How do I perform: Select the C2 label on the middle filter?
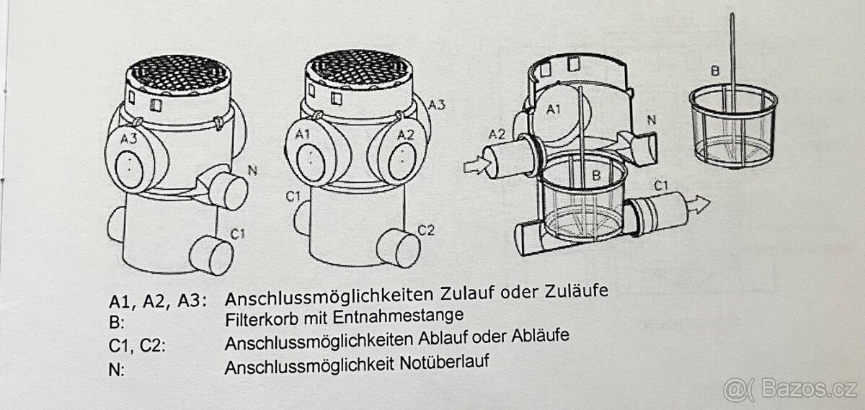pos(427,230)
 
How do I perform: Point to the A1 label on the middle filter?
pos(302,134)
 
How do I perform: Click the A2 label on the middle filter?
pos(405,134)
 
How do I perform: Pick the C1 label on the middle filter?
pos(293,196)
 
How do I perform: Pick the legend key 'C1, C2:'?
pos(137,344)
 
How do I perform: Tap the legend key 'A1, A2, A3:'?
pos(156,299)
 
